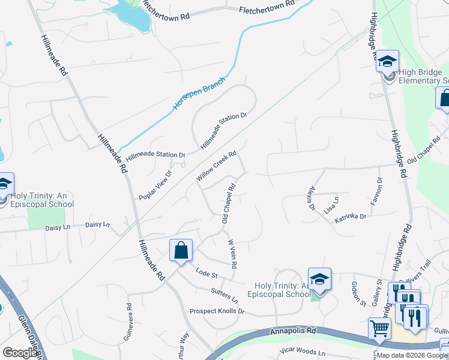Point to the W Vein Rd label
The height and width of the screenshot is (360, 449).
click(x=232, y=254)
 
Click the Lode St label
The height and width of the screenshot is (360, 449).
click(x=206, y=274)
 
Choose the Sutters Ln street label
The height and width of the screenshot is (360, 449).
click(x=224, y=294)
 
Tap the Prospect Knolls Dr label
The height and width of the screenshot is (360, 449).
click(x=217, y=311)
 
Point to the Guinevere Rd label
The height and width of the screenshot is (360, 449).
click(x=128, y=322)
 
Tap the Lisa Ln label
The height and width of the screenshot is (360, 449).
click(x=331, y=205)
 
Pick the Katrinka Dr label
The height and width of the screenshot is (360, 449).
click(x=350, y=217)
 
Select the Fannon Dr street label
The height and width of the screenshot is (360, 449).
click(x=376, y=191)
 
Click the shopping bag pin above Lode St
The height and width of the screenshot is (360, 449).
click(x=181, y=251)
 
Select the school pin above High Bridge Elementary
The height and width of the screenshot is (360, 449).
click(x=388, y=61)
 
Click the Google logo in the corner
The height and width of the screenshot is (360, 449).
click(x=20, y=353)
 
